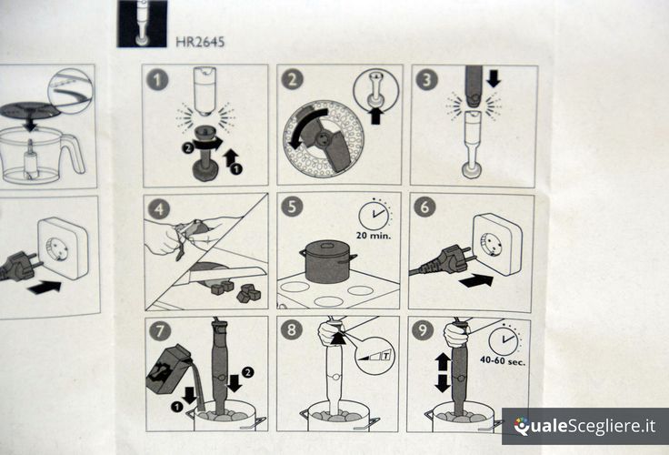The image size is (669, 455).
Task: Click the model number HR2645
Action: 200,41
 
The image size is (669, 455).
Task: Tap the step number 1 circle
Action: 157,79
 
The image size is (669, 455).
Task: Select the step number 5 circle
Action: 292,206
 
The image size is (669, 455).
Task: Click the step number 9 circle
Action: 423,329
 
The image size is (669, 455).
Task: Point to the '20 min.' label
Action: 374,235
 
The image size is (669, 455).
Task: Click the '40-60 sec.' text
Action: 503,360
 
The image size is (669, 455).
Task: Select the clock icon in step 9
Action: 504,340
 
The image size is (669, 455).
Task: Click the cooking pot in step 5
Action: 327,261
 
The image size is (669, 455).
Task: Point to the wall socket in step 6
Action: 497,244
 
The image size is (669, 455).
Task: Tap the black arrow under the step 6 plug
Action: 475,281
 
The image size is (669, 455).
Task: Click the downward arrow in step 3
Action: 494,77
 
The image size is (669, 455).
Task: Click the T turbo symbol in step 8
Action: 386,355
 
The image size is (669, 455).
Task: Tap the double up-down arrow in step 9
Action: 442,372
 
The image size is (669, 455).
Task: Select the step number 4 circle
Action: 159,209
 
